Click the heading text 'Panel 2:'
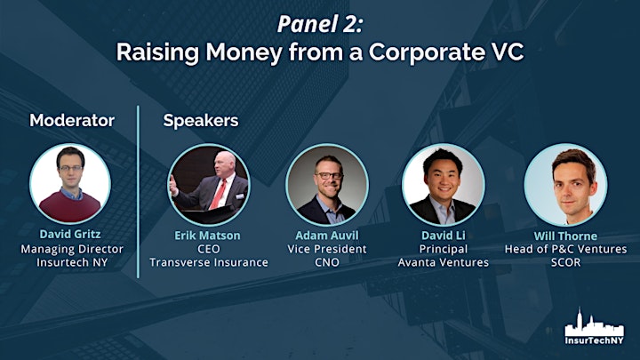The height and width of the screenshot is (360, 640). (320, 25)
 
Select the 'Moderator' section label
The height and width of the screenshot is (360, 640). (72, 120)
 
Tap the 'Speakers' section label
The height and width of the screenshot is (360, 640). (201, 121)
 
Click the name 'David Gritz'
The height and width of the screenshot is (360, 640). (70, 234)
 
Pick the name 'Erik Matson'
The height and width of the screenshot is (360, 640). (207, 236)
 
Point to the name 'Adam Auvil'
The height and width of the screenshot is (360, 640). (327, 236)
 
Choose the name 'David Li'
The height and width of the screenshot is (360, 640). (444, 236)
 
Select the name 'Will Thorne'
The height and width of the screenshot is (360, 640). (565, 236)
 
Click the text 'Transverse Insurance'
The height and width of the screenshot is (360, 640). (209, 262)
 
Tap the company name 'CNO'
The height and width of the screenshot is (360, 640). (327, 262)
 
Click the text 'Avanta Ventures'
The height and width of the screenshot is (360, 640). (444, 262)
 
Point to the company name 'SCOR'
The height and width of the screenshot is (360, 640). (565, 262)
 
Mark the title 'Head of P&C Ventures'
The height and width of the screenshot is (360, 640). (565, 249)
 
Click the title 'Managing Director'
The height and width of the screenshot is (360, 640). (72, 250)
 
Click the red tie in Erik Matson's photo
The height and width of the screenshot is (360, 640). (218, 195)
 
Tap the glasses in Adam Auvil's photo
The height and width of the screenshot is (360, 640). (329, 175)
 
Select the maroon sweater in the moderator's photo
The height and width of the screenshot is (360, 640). (70, 206)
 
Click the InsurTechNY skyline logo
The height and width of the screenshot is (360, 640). (595, 326)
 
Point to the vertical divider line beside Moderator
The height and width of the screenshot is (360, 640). (138, 192)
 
